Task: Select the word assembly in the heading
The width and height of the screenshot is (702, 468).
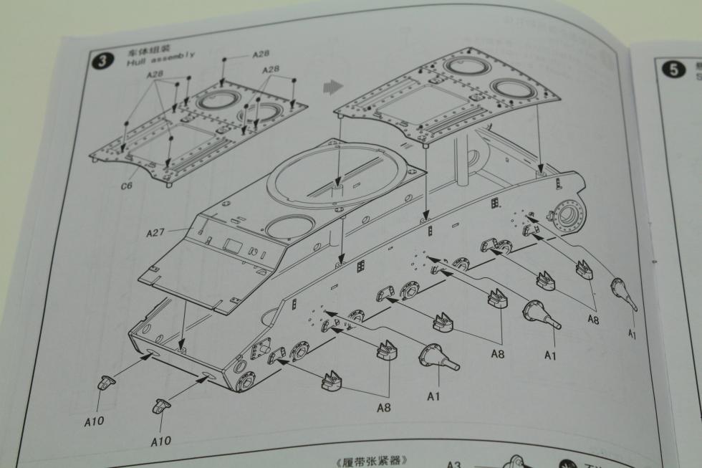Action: point(171,58)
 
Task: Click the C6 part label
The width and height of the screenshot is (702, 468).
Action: point(126,186)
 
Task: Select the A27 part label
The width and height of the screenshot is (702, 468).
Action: point(156,232)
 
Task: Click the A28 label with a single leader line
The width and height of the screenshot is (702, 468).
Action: point(261,54)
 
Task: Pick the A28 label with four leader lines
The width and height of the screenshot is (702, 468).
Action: point(156,75)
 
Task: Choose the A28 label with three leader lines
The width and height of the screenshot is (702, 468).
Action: point(271,70)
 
